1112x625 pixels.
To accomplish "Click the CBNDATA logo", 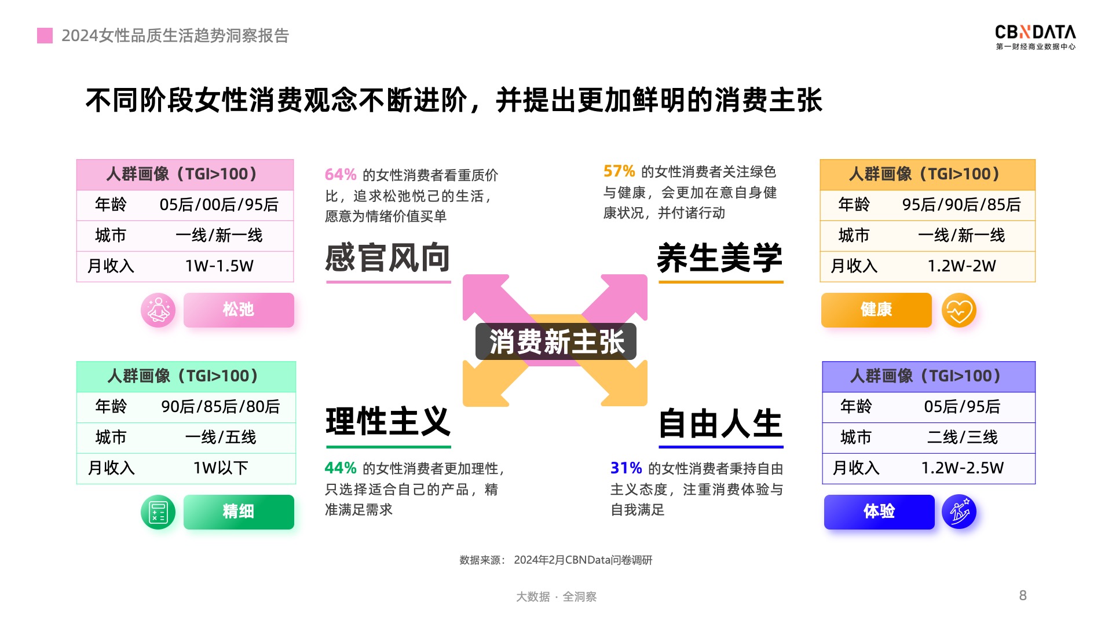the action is tap(1036, 37).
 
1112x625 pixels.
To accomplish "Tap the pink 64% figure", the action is tap(341, 175).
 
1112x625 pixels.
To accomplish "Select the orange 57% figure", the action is tap(619, 171).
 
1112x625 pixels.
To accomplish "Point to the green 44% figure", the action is tap(341, 468).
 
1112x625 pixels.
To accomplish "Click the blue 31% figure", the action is tap(626, 468).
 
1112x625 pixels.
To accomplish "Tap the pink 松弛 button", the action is tap(239, 310).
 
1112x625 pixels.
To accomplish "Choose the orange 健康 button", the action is tap(876, 310).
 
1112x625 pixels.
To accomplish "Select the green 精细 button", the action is tap(239, 512).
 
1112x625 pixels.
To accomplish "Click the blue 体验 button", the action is tap(879, 512).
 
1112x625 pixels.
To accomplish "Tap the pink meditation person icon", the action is tap(158, 310).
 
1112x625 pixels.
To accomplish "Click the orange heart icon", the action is tap(959, 310).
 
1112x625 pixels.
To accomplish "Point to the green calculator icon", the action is tap(158, 512).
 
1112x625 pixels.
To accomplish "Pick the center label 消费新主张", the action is tap(556, 341).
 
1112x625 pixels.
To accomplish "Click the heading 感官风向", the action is tap(388, 258).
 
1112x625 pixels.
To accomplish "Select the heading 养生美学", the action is tap(720, 258).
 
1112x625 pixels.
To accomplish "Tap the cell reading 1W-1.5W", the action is tap(220, 266).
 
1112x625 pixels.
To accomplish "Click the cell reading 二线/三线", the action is tap(963, 437).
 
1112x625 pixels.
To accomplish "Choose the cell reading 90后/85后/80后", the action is tap(221, 407).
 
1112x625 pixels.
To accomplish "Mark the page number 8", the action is tap(1023, 595).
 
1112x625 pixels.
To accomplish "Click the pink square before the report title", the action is tap(45, 36).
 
